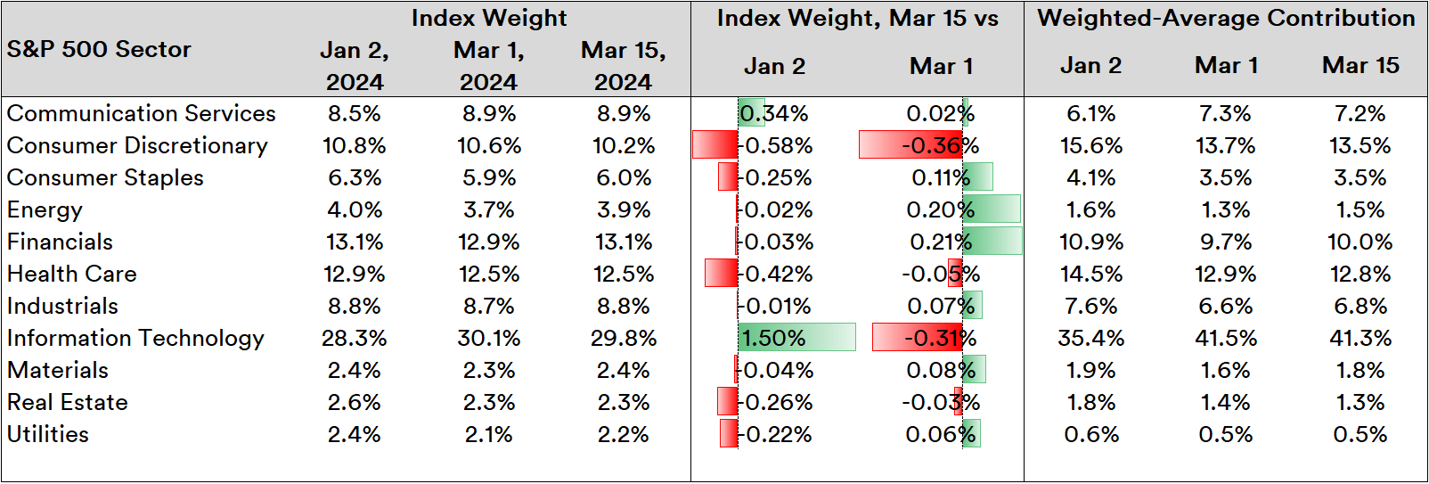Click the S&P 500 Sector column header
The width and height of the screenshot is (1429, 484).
tap(99, 49)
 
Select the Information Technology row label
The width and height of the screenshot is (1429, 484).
tap(135, 338)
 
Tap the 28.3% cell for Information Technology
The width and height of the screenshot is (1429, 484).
tap(355, 338)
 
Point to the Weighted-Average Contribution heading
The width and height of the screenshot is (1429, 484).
tap(1226, 18)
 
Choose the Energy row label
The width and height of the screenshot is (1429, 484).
tap(45, 209)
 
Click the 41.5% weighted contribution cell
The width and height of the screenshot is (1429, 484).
tap(1226, 338)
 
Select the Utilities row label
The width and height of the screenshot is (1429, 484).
tap(48, 434)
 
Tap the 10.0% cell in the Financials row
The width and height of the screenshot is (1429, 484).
tap(1360, 242)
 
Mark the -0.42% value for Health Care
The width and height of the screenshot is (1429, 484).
tap(777, 274)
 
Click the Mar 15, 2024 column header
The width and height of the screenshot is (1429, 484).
tap(623, 66)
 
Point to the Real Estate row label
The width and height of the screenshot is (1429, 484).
tap(68, 402)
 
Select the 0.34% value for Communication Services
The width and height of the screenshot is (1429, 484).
tap(775, 113)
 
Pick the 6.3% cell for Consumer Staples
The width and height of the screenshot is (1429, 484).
tap(355, 177)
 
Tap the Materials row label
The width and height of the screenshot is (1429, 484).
tap(58, 370)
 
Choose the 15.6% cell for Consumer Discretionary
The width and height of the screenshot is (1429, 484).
tap(1090, 145)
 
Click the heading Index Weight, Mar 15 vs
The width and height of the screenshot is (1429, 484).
tap(857, 18)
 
